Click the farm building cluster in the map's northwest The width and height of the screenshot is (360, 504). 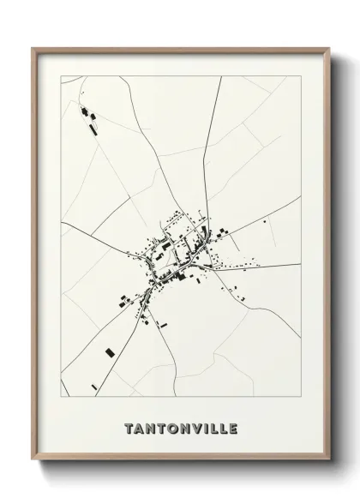[87, 117]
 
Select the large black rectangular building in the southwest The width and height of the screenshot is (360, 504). [110, 352]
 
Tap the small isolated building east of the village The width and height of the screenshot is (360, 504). [265, 221]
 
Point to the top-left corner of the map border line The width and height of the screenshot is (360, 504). [61, 76]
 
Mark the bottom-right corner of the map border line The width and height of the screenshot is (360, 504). [300, 397]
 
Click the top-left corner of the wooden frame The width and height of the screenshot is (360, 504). [33, 48]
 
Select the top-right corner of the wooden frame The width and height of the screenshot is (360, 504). [330, 48]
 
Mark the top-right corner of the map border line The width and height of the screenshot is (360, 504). [300, 76]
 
